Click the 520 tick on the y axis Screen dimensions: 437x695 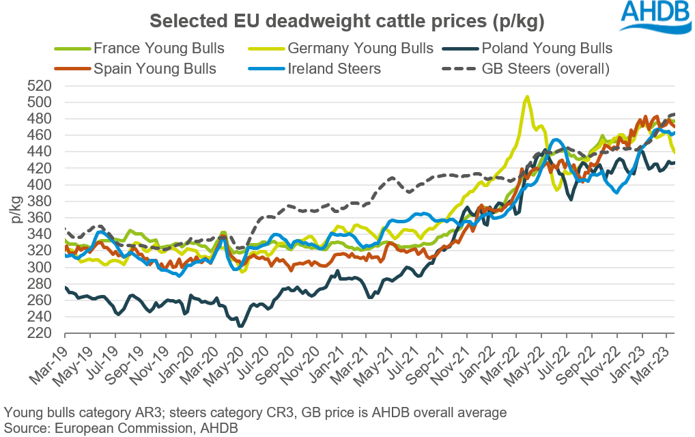(40, 86)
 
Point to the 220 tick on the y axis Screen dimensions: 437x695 (40, 334)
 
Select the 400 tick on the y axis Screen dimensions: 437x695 (40, 185)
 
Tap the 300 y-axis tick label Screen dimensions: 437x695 (40, 268)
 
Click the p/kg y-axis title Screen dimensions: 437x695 (15, 210)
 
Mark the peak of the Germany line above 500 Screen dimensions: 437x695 (526, 97)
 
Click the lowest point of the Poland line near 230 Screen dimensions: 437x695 (240, 326)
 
